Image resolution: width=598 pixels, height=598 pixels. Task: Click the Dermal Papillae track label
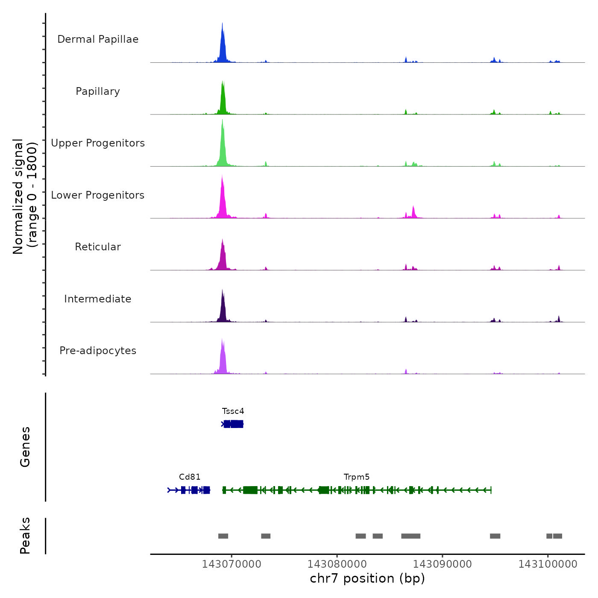(98, 39)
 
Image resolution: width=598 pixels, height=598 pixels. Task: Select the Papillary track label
(98, 91)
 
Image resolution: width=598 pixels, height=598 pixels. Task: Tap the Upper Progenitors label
(98, 143)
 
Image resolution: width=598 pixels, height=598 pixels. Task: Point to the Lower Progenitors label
(98, 195)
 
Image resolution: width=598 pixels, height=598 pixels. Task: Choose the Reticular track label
(98, 247)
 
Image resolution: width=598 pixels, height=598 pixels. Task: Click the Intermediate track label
(98, 299)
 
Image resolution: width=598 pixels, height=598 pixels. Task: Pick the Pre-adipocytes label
(98, 351)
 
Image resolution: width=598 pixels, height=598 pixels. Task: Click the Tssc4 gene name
(233, 411)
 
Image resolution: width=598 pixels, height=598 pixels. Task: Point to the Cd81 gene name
(190, 477)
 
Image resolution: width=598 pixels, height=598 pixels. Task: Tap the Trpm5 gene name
(357, 477)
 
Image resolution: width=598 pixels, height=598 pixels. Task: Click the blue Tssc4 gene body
(233, 424)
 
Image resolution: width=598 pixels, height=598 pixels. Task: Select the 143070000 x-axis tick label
(232, 564)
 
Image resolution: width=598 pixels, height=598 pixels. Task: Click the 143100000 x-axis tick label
(548, 564)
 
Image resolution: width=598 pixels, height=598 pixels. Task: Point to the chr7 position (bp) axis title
(367, 578)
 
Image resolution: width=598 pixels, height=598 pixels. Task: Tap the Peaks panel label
(25, 536)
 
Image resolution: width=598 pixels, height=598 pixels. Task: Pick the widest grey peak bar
(411, 536)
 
